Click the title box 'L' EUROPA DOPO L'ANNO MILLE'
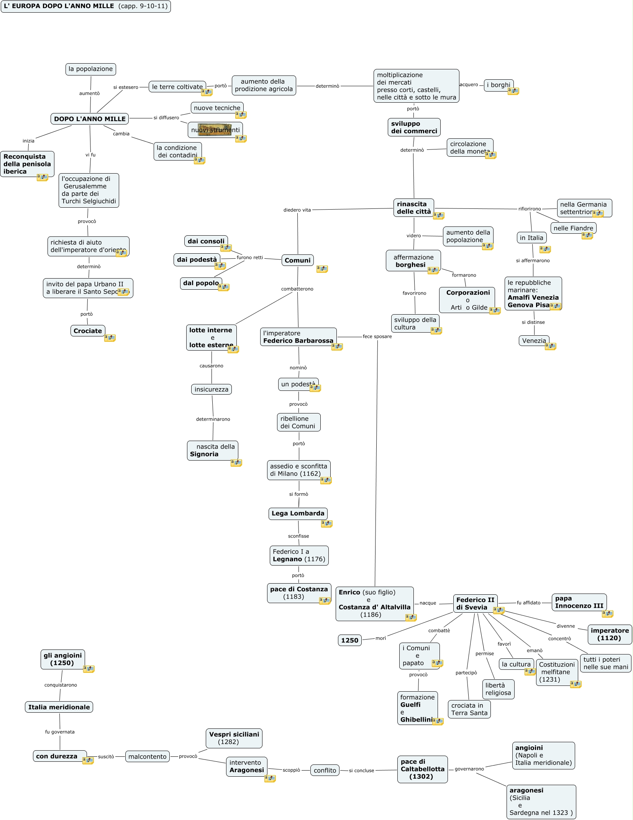pyautogui.click(x=85, y=6)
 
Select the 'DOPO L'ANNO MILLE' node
pyautogui.click(x=90, y=119)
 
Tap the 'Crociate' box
pyautogui.click(x=88, y=331)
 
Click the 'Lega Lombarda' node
pyautogui.click(x=298, y=513)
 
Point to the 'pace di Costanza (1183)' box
pyautogui.click(x=299, y=593)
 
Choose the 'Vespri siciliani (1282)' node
pyautogui.click(x=234, y=738)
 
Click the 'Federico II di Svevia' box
pyautogui.click(x=475, y=604)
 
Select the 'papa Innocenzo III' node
pyautogui.click(x=579, y=602)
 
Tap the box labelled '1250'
pyautogui.click(x=349, y=640)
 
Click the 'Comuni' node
pyautogui.click(x=297, y=260)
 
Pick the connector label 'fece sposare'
pyautogui.click(x=377, y=336)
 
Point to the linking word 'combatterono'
pyautogui.click(x=297, y=289)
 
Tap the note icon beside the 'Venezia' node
pyautogui.click(x=550, y=346)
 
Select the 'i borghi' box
pyautogui.click(x=498, y=85)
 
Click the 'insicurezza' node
pyautogui.click(x=211, y=389)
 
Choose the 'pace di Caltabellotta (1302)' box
pyautogui.click(x=422, y=769)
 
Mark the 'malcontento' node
pyautogui.click(x=147, y=756)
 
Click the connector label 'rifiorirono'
pyautogui.click(x=530, y=209)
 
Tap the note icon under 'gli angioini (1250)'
pyautogui.click(x=89, y=669)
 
